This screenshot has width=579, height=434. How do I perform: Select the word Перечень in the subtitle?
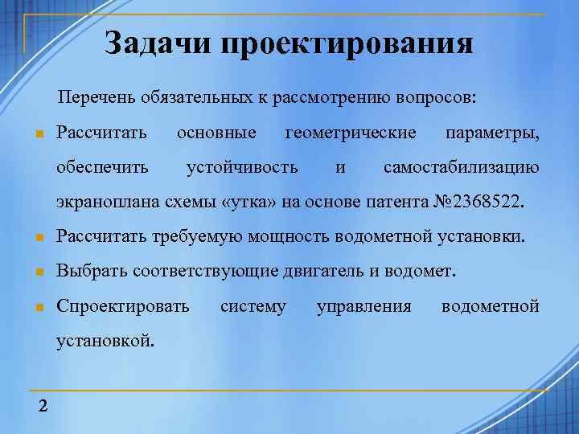[x=97, y=98]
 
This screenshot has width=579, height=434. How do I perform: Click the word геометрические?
[x=351, y=132]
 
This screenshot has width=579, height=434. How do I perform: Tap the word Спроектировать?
[x=123, y=306]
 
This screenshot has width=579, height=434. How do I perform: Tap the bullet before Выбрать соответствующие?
[x=37, y=272]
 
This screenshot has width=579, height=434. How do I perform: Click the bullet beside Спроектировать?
[x=37, y=307]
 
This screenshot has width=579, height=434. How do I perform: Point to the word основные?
[x=216, y=132]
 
